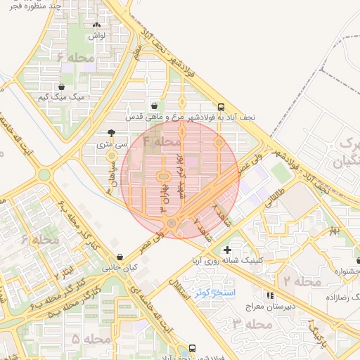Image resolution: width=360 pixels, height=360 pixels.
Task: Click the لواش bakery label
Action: click(x=97, y=34)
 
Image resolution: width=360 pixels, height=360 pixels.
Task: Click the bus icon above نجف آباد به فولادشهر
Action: click(x=221, y=108)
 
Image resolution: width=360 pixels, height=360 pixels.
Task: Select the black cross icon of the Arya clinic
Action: click(x=226, y=250)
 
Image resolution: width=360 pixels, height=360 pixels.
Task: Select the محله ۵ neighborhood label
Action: click(x=91, y=339)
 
